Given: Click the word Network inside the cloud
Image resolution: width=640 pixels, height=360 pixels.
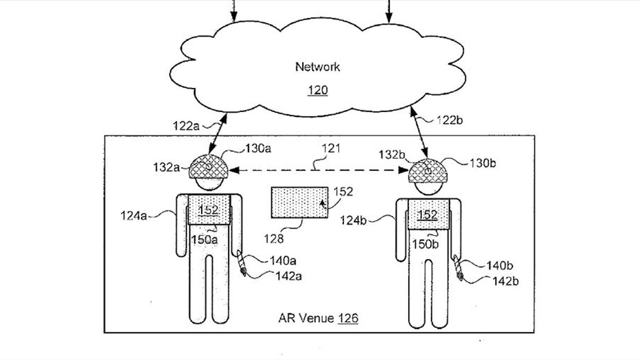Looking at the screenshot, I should pos(317,67).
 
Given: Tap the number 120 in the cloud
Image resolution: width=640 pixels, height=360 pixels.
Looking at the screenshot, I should pos(317,91).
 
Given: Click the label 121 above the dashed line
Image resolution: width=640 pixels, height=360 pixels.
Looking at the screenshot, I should pos(331,149).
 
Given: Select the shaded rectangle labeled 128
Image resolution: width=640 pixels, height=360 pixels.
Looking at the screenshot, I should pos(299,203).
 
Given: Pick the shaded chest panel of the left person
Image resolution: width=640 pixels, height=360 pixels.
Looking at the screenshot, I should pos(208,209).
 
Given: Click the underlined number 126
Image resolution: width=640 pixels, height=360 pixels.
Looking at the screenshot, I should pos(348,318).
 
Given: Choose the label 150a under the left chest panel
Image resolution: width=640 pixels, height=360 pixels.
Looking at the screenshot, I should pos(205,239).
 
